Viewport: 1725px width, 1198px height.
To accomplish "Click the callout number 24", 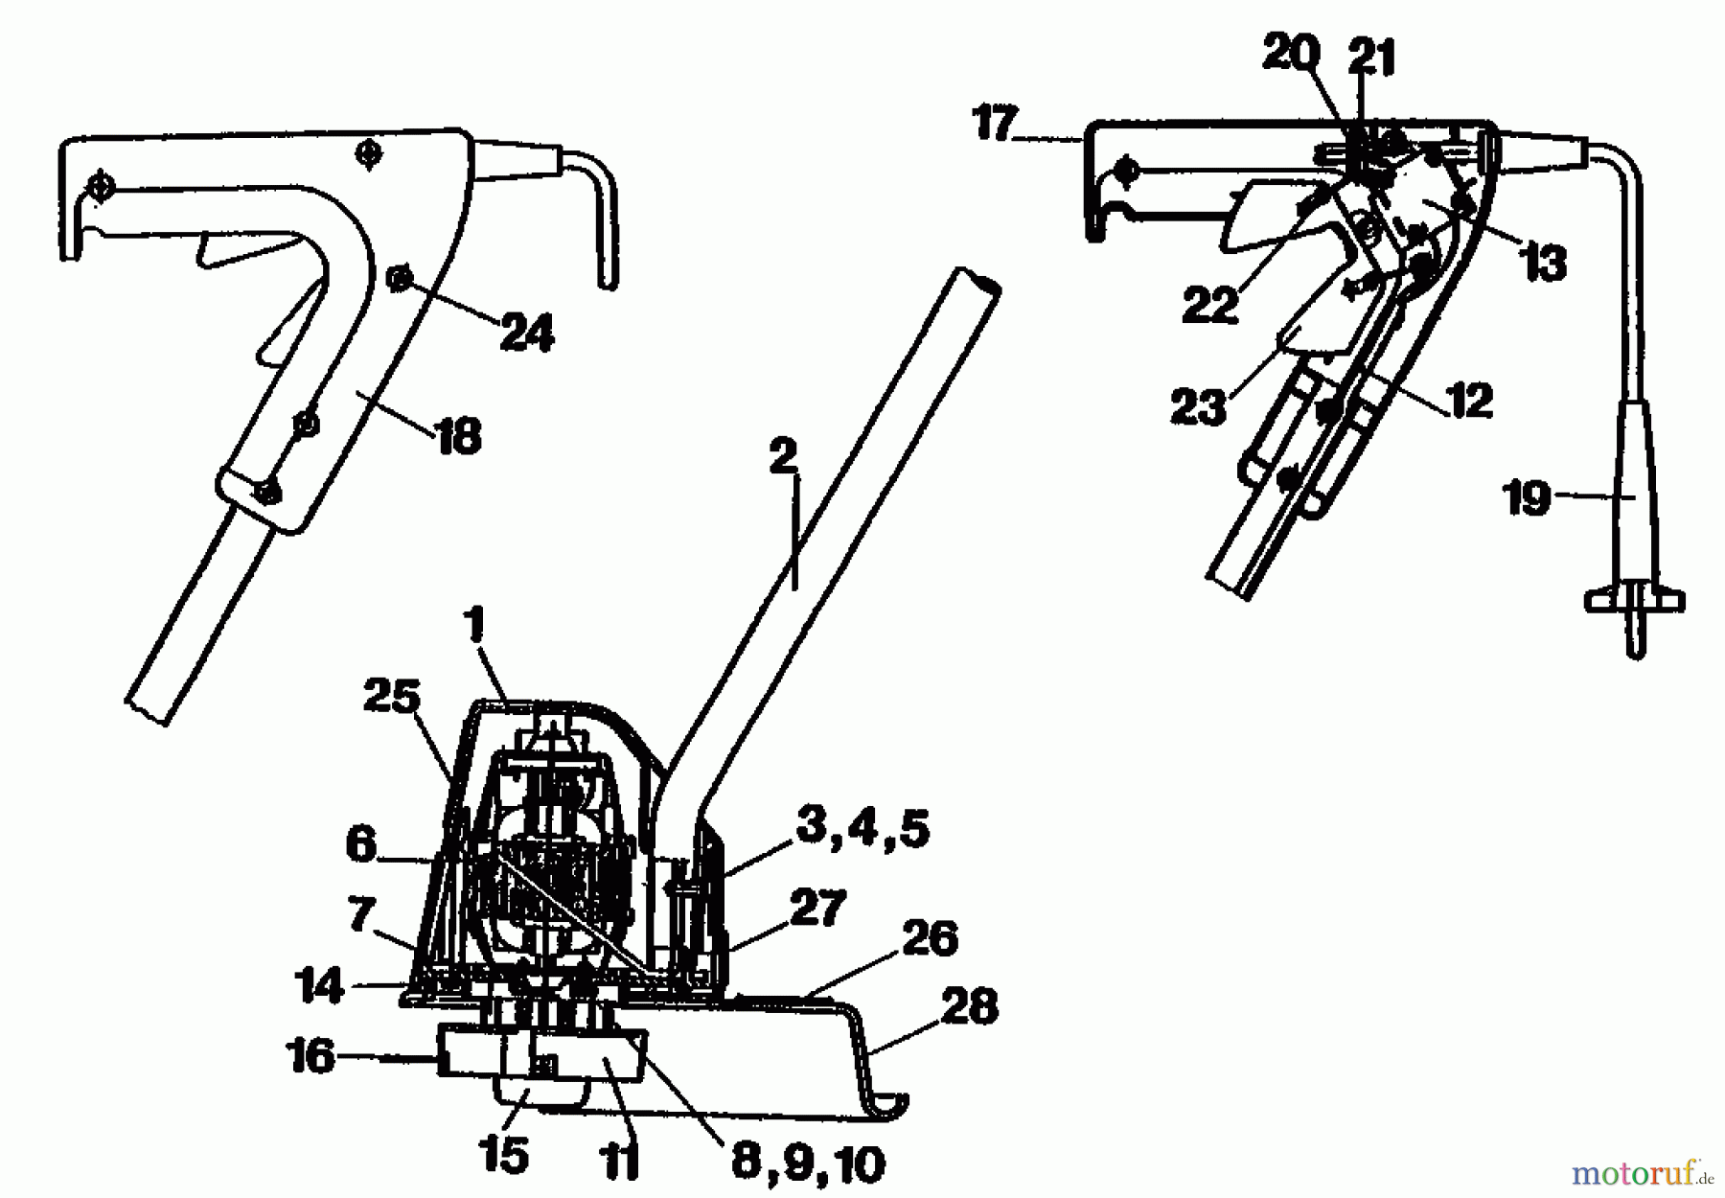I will pyautogui.click(x=527, y=334).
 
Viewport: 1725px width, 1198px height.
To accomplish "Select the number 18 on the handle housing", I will pyautogui.click(x=458, y=437).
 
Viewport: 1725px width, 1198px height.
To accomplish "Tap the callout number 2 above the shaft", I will pyautogui.click(x=783, y=457).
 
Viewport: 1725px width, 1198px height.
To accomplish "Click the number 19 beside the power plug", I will pyautogui.click(x=1527, y=497).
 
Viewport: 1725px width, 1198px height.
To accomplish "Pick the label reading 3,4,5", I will pyautogui.click(x=862, y=829).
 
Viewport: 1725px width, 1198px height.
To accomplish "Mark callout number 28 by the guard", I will pyautogui.click(x=970, y=1007).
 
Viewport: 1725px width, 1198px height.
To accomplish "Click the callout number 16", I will pyautogui.click(x=310, y=1057).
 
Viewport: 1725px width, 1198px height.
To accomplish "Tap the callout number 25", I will pyautogui.click(x=392, y=698).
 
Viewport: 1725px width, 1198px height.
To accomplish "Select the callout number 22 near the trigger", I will pyautogui.click(x=1210, y=307).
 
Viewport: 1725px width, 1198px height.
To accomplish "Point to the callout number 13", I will pyautogui.click(x=1544, y=262).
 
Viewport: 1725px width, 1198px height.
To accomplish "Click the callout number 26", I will pyautogui.click(x=930, y=938).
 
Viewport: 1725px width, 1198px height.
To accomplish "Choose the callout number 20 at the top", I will pyautogui.click(x=1291, y=55).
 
